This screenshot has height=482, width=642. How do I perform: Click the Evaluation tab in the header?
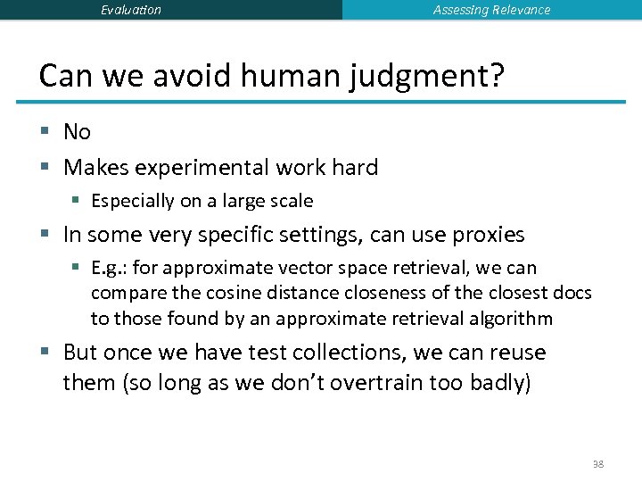131,10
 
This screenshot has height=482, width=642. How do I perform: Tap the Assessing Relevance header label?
491,10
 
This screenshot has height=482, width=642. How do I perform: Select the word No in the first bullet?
77,132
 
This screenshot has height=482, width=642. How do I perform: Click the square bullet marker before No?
45,132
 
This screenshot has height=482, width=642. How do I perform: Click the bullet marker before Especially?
78,201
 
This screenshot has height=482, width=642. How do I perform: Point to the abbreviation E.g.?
111,268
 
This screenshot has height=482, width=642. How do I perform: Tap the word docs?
572,294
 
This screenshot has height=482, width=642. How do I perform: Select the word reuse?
514,353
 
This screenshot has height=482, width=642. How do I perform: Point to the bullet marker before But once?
45,353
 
